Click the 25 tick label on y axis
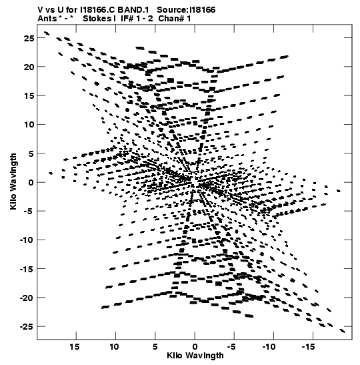[x=29, y=38]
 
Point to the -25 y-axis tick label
[x=27, y=326]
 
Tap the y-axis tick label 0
[x=31, y=182]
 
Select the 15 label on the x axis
[x=75, y=347]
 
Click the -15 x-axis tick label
[x=308, y=347]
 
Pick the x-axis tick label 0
[x=195, y=347]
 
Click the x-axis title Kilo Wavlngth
[x=195, y=356]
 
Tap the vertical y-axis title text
[x=13, y=181]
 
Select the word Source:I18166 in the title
[x=186, y=10]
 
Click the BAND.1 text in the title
[x=133, y=10]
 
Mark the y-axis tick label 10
[x=29, y=125]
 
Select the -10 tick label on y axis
[x=27, y=240]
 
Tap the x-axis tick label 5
[x=155, y=347]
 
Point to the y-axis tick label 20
[x=29, y=67]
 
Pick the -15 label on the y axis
[x=27, y=269]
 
